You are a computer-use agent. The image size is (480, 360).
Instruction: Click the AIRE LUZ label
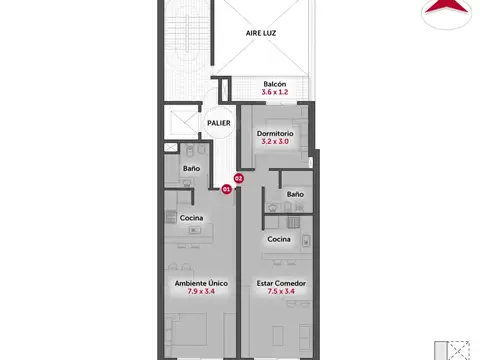pyautogui.click(x=261, y=32)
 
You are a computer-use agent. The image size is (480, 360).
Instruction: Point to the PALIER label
pyautogui.click(x=219, y=123)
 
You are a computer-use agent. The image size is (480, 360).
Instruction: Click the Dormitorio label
pyautogui.click(x=274, y=133)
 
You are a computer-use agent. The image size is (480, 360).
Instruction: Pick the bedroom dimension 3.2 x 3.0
pyautogui.click(x=274, y=142)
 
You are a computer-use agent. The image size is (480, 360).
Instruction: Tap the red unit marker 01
pyautogui.click(x=227, y=187)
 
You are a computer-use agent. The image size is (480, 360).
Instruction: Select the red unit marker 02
pyautogui.click(x=238, y=178)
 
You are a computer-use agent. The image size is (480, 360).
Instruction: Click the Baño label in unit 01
pyautogui.click(x=191, y=168)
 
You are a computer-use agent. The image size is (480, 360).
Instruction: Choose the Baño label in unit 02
pyautogui.click(x=295, y=193)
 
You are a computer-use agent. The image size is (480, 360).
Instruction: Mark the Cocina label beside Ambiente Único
pyautogui.click(x=192, y=218)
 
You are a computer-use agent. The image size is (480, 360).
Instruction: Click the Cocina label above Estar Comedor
pyautogui.click(x=279, y=239)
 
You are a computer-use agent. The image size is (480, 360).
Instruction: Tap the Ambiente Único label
pyautogui.click(x=202, y=284)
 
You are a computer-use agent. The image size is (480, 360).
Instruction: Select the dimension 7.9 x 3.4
pyautogui.click(x=202, y=293)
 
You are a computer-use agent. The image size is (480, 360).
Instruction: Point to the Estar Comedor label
pyautogui.click(x=281, y=284)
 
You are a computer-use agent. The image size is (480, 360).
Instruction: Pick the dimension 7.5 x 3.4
pyautogui.click(x=281, y=293)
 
